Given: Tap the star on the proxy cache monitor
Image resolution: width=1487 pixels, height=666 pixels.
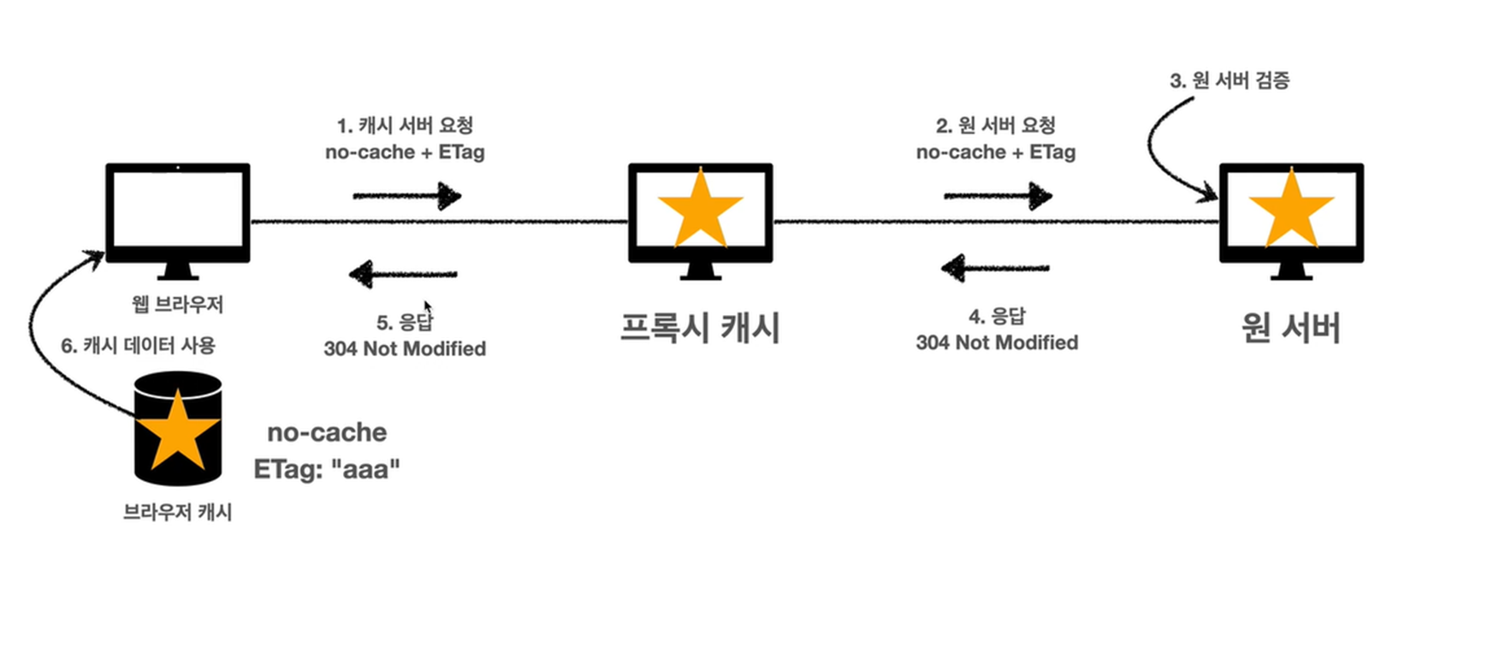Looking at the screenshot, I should tap(700, 211).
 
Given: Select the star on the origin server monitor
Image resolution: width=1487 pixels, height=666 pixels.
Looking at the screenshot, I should tap(1291, 211).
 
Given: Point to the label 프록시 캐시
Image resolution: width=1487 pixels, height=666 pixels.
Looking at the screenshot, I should tap(700, 328).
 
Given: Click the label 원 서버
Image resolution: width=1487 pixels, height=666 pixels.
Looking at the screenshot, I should tap(1290, 328).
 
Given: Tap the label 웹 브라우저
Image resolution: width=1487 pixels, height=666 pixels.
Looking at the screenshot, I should tap(177, 304).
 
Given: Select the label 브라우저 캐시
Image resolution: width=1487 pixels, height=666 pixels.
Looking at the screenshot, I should tap(177, 512).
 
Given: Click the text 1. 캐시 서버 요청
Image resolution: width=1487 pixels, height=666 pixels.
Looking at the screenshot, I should tap(405, 126).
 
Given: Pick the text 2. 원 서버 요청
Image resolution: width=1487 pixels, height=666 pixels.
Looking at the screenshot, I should tap(996, 126).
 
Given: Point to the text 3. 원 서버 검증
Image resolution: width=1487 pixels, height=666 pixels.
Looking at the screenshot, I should tap(1229, 80).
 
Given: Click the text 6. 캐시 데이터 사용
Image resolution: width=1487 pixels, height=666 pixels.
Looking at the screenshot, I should tap(138, 346).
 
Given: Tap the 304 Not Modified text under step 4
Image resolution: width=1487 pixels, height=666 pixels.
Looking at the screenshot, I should tap(997, 342).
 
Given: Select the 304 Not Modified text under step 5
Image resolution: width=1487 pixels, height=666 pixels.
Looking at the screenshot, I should tap(405, 348).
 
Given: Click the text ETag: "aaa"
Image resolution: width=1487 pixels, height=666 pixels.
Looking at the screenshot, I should tap(327, 469).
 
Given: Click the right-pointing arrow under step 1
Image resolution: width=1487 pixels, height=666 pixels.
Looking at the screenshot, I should tap(407, 196).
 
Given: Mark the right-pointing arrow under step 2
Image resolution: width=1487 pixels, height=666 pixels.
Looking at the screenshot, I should tap(998, 196).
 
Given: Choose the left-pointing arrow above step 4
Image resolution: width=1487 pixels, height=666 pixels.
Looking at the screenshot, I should tap(995, 268).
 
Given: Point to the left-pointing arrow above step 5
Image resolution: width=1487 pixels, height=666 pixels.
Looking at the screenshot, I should tap(403, 274).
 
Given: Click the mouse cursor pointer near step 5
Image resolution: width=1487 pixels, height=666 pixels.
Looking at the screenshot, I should tap(428, 306).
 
